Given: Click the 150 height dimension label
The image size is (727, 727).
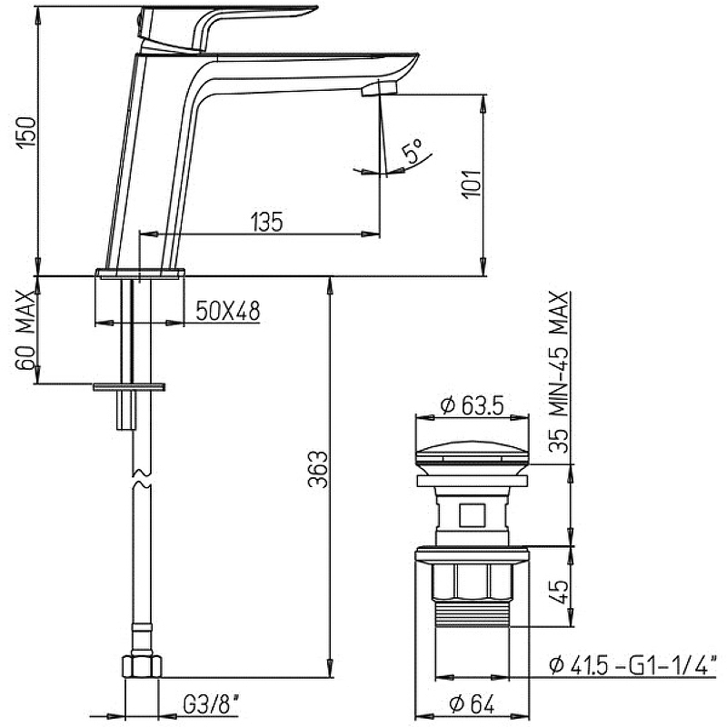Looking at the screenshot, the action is [x=26, y=132].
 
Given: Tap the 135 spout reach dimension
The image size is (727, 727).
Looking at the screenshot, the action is [x=266, y=222].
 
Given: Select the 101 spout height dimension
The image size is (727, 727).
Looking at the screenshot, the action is [x=472, y=184].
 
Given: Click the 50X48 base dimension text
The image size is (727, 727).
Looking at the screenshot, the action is [x=228, y=311].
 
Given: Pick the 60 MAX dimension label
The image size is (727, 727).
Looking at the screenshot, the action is [x=26, y=330].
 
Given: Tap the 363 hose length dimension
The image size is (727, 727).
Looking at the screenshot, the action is [x=318, y=469].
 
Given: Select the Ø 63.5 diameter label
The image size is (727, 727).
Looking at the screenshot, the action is [x=472, y=405].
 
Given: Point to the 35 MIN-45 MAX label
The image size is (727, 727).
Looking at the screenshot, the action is [x=559, y=372].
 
